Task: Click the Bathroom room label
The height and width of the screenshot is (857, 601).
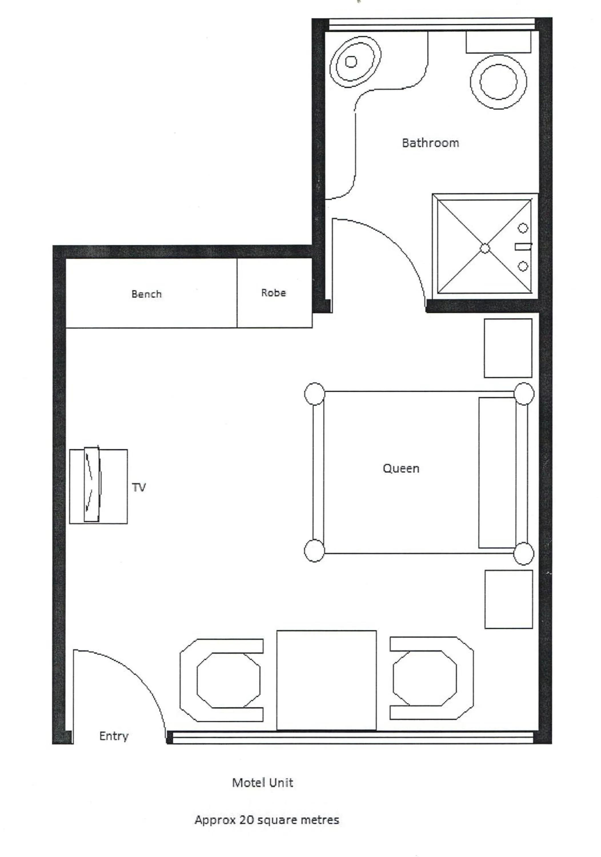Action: coord(430,143)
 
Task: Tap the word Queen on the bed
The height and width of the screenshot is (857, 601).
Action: coord(401,468)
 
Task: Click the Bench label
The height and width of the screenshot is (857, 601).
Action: coord(146,294)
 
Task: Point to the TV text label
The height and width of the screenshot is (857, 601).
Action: coord(139,487)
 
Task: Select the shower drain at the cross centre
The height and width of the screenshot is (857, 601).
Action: coord(484,248)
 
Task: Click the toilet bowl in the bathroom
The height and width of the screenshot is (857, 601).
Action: coord(498,82)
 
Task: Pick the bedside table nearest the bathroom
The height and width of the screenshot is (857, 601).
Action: coord(508,348)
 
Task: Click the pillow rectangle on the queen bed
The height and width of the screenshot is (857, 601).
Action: coord(497,472)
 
